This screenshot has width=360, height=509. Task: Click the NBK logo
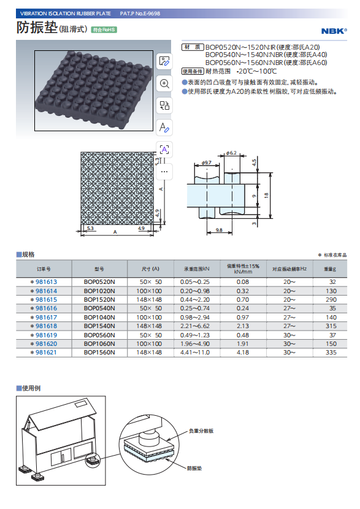click(x=334, y=31)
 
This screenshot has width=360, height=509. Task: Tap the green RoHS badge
click(x=104, y=30)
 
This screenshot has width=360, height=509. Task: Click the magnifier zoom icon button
click(x=164, y=83)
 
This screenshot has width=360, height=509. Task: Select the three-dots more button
click(x=164, y=172)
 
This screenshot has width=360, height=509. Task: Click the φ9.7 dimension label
click(x=207, y=163)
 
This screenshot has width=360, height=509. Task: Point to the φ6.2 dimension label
click(x=231, y=153)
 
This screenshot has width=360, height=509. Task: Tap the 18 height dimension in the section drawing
click(x=266, y=196)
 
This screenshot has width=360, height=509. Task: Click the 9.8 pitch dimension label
click(x=219, y=230)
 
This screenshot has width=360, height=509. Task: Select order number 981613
click(x=46, y=281)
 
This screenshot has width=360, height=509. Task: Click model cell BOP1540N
click(x=99, y=326)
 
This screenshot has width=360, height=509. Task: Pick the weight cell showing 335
click(x=331, y=352)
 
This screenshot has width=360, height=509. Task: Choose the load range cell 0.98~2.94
click(x=195, y=317)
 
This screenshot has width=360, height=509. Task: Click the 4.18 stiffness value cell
click(x=243, y=352)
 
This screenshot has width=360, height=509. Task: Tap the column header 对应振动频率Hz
click(x=289, y=269)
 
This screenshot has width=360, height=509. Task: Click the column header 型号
click(x=99, y=269)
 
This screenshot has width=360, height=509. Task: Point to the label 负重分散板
click(x=201, y=431)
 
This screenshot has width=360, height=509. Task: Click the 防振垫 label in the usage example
click(x=194, y=468)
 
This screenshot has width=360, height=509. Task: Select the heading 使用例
click(x=31, y=388)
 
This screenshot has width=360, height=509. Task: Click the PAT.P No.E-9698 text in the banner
click(x=140, y=13)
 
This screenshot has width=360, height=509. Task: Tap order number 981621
click(x=46, y=352)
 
